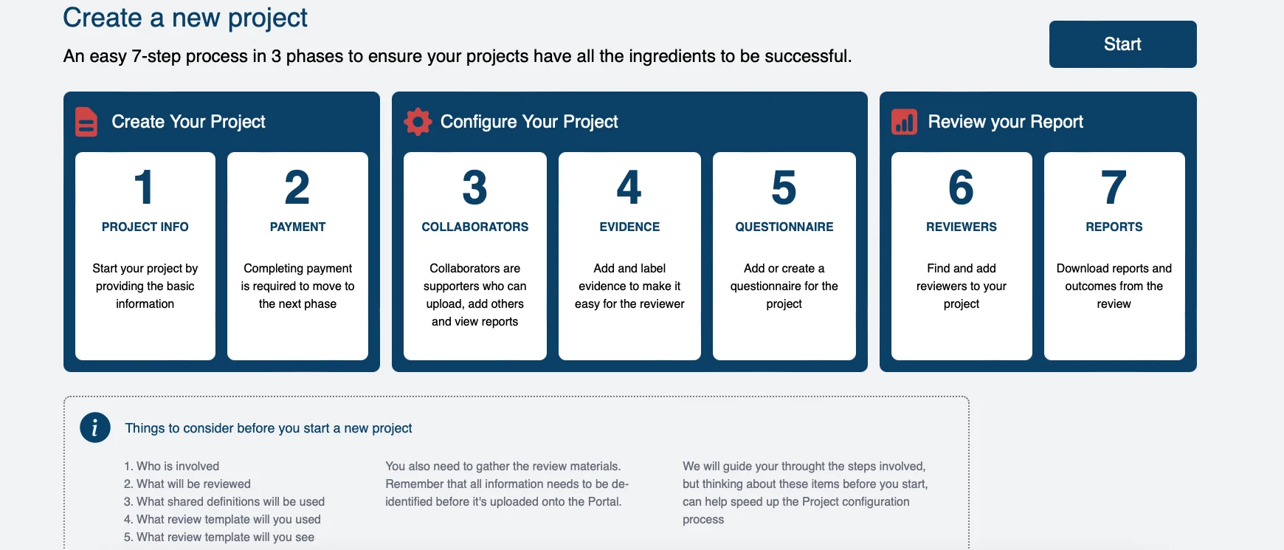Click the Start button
click(1122, 44)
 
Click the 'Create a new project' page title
click(185, 18)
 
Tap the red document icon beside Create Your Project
click(86, 122)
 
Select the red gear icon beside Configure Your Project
click(418, 122)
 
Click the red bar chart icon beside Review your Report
click(904, 122)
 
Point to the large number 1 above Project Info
click(144, 188)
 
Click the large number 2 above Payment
click(297, 188)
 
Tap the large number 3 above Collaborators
click(474, 188)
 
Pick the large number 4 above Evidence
click(629, 188)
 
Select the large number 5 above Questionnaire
click(784, 188)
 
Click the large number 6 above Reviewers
click(961, 188)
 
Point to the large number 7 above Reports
click(1114, 188)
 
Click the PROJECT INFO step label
click(145, 227)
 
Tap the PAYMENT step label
click(297, 227)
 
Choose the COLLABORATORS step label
click(475, 227)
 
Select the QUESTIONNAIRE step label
click(784, 227)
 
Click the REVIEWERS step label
click(962, 227)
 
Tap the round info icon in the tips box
click(95, 427)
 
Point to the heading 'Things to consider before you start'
click(269, 428)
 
